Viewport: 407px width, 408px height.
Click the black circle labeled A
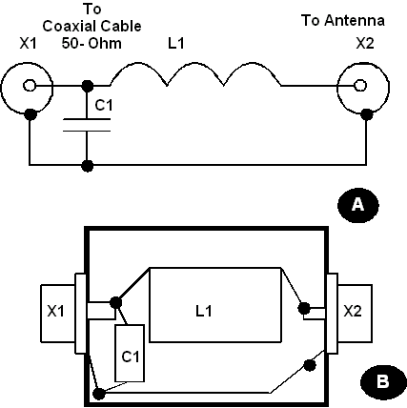358,205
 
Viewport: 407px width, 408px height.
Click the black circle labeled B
383,381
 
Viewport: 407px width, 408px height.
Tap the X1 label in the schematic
28,43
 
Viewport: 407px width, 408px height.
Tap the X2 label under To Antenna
365,43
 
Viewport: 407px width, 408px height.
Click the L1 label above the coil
175,43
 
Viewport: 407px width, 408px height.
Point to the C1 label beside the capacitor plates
104,105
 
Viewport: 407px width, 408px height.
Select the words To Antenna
343,20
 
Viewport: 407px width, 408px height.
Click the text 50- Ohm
92,43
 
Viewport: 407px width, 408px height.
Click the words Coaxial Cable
92,26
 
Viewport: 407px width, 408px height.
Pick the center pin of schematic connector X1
30,86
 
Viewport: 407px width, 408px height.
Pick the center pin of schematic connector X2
360,86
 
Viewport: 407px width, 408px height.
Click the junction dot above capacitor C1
88,86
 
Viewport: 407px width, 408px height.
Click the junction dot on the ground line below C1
88,166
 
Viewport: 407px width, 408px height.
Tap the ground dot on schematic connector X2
367,114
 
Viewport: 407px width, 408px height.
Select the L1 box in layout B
215,305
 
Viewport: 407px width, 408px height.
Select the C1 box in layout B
130,353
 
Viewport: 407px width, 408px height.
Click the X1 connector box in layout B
58,314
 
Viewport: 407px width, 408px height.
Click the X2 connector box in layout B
355,314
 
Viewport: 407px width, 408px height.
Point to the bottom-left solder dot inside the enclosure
99,394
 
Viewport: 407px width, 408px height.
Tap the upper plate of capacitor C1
87,119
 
